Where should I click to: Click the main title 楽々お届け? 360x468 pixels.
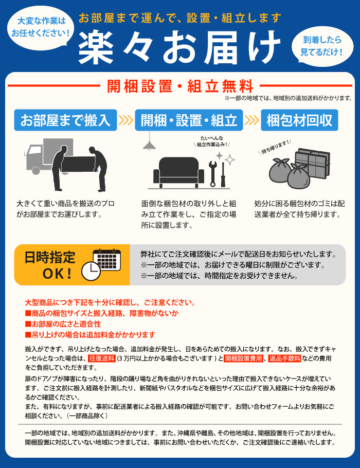[179, 47]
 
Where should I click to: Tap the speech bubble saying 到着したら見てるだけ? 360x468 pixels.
[322, 46]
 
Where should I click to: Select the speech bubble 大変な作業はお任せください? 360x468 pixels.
[41, 27]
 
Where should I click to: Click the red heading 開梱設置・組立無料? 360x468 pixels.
[181, 86]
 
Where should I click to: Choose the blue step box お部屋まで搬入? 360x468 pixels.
[65, 120]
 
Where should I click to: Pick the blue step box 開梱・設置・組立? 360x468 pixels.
[189, 120]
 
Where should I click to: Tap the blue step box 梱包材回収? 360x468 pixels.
[299, 120]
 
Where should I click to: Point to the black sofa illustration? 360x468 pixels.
[178, 172]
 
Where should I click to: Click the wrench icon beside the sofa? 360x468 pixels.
[213, 173]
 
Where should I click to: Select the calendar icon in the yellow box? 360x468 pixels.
[106, 260]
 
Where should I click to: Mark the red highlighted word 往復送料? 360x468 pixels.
[102, 358]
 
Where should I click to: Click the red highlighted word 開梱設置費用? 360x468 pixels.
[244, 358]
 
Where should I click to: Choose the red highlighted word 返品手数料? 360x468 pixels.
[284, 358]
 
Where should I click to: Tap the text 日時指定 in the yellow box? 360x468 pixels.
[50, 257]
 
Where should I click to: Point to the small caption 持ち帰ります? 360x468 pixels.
[275, 147]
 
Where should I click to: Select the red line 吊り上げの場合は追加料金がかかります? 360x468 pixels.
[90, 335]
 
